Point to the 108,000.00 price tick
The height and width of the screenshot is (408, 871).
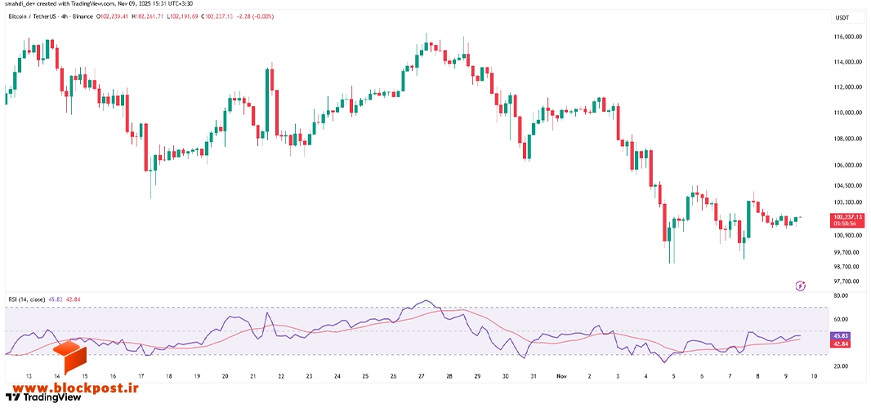pos(847,139)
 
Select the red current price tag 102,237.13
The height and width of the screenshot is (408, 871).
pos(847,216)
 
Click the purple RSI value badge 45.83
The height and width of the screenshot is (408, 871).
pos(840,336)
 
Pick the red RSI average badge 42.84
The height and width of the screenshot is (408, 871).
pos(840,344)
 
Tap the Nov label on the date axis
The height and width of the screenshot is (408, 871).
pos(561,376)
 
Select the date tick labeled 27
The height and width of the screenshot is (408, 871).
pos(422,376)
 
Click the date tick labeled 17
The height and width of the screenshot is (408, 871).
pos(141,376)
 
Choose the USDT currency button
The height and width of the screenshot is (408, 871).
pos(842,18)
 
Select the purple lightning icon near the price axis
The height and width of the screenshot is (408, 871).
pos(801,286)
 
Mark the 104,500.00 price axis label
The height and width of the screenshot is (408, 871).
pos(847,185)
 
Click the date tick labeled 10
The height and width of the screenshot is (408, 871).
pos(813,376)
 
